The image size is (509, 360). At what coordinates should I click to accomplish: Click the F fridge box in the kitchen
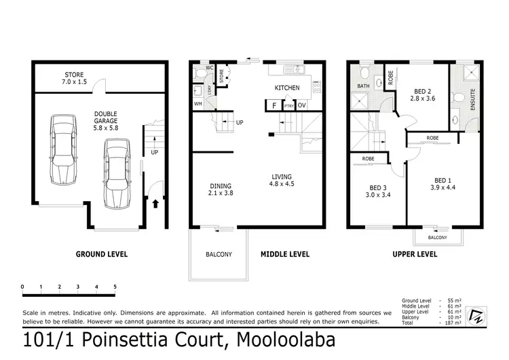click(274, 105)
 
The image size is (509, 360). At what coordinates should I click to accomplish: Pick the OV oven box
click(302, 105)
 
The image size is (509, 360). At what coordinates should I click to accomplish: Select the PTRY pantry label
click(288, 106)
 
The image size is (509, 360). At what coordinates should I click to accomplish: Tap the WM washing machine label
click(198, 104)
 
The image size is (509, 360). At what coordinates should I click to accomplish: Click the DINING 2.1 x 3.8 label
click(221, 190)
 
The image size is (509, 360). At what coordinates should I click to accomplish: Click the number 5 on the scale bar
click(115, 287)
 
